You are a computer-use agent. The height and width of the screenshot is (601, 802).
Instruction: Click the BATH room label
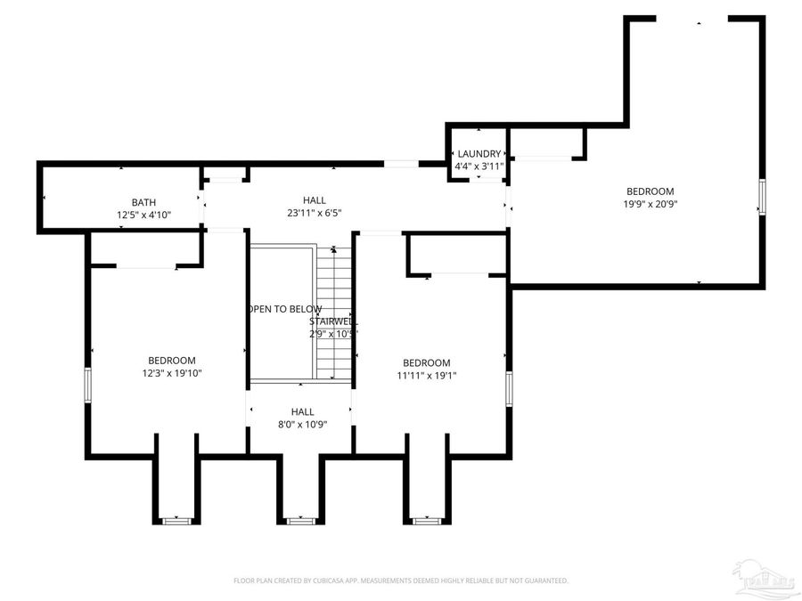coord(143,202)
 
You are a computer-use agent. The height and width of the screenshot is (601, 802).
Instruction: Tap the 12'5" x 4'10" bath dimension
coord(143,215)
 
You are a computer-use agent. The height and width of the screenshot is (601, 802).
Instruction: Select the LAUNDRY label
coord(479,154)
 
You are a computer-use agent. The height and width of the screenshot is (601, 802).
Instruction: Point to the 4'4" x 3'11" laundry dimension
coord(479,166)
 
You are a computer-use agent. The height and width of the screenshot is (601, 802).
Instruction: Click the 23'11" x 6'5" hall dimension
coord(314,213)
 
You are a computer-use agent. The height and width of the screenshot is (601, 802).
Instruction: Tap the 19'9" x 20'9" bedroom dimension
coord(650,204)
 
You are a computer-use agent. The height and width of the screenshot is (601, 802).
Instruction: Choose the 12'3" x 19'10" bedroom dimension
coord(172,373)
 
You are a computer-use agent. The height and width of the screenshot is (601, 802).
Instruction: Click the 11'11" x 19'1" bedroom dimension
coord(426,375)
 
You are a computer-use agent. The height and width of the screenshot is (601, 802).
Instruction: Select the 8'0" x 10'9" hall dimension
coord(302,424)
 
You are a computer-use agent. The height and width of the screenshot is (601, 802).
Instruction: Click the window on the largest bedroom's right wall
coord(762,197)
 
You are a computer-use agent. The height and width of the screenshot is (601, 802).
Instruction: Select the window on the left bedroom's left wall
coord(87,386)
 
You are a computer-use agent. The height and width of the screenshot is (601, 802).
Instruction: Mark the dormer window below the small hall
coord(300,519)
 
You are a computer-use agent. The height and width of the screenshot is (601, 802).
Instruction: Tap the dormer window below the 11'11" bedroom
coord(426,519)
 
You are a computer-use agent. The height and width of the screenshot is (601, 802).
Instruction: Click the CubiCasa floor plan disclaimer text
coord(400,581)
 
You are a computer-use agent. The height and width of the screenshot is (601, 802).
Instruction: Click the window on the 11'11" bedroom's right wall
coord(509,388)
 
